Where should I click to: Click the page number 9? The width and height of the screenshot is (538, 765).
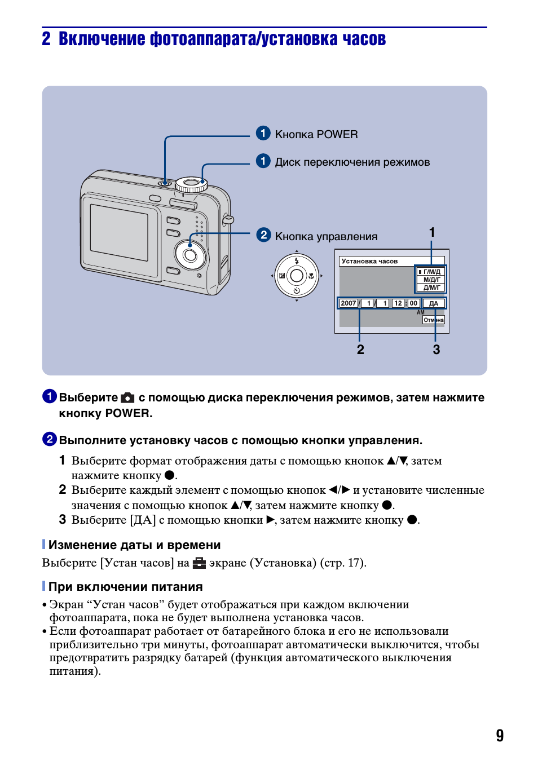click(x=500, y=735)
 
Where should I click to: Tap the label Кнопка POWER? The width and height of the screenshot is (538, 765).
click(x=316, y=135)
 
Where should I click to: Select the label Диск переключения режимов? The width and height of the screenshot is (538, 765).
click(x=352, y=162)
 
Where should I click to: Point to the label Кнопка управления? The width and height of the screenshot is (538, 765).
click(x=326, y=237)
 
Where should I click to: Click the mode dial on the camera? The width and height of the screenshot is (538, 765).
click(x=191, y=184)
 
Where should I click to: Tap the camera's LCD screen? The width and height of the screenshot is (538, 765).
click(x=119, y=232)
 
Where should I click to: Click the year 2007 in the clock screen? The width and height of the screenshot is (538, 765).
click(x=349, y=303)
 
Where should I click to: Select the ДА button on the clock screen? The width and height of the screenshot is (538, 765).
click(x=434, y=303)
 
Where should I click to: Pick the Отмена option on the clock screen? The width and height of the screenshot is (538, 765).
click(x=434, y=320)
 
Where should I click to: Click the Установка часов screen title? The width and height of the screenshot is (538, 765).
click(x=369, y=261)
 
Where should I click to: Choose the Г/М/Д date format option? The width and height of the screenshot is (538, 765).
click(x=431, y=272)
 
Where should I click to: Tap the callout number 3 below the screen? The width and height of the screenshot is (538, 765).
click(x=436, y=350)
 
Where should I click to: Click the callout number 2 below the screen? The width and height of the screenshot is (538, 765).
click(x=360, y=350)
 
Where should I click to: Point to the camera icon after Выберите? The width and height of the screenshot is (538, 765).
click(x=128, y=397)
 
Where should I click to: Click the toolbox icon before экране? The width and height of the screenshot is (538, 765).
click(x=199, y=563)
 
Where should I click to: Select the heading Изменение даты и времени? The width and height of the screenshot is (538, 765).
click(x=134, y=545)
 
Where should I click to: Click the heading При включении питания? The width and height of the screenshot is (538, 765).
click(x=125, y=587)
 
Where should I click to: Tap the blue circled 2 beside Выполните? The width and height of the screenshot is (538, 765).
click(x=50, y=439)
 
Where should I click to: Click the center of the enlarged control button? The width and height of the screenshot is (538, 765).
click(x=297, y=276)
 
